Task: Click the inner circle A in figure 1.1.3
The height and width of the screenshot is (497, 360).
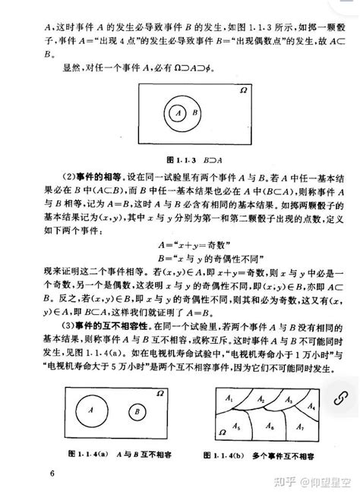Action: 177,112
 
